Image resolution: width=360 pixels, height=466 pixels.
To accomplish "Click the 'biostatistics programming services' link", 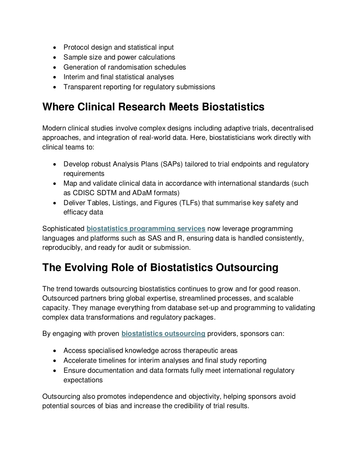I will pyautogui.click(x=146, y=229).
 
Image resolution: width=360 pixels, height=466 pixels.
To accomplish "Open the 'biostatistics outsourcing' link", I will pyautogui.click(x=163, y=334).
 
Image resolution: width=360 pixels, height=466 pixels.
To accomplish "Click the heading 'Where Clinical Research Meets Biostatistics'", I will pyautogui.click(x=153, y=107).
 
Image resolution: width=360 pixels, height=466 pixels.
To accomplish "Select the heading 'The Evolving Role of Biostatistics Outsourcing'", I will pyautogui.click(x=160, y=268).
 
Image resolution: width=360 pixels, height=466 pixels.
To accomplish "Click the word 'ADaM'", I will pyautogui.click(x=142, y=193).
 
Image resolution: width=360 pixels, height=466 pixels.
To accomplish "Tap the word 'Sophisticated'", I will pyautogui.click(x=63, y=229).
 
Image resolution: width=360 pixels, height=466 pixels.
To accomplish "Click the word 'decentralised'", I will pyautogui.click(x=292, y=128).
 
